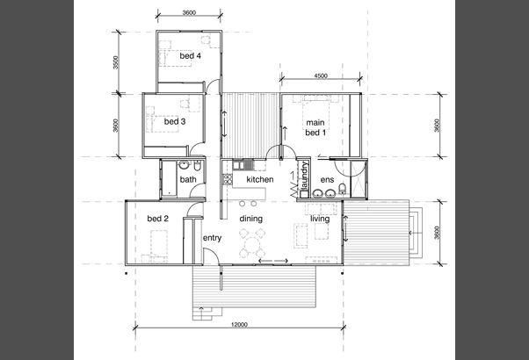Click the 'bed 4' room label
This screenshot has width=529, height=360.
191,55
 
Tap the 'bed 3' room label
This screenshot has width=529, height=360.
175,121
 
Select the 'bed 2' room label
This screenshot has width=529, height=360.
157,219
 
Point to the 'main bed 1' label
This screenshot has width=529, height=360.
315,127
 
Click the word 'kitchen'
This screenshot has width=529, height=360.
260,179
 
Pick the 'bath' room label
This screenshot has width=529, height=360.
188,179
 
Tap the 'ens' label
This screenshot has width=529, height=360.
327,180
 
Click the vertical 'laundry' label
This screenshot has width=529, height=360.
305,176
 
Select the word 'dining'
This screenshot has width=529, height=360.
251,219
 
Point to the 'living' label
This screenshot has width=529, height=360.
320,219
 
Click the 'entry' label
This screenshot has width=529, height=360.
212,238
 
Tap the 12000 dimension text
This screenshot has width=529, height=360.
239,324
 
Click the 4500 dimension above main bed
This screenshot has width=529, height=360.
321,76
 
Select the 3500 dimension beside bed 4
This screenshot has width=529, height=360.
116,62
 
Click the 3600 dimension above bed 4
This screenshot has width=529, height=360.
189,13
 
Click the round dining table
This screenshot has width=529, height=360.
251,243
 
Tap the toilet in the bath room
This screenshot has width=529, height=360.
198,166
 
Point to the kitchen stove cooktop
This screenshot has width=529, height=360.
228,179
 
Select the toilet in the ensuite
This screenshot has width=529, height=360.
343,189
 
